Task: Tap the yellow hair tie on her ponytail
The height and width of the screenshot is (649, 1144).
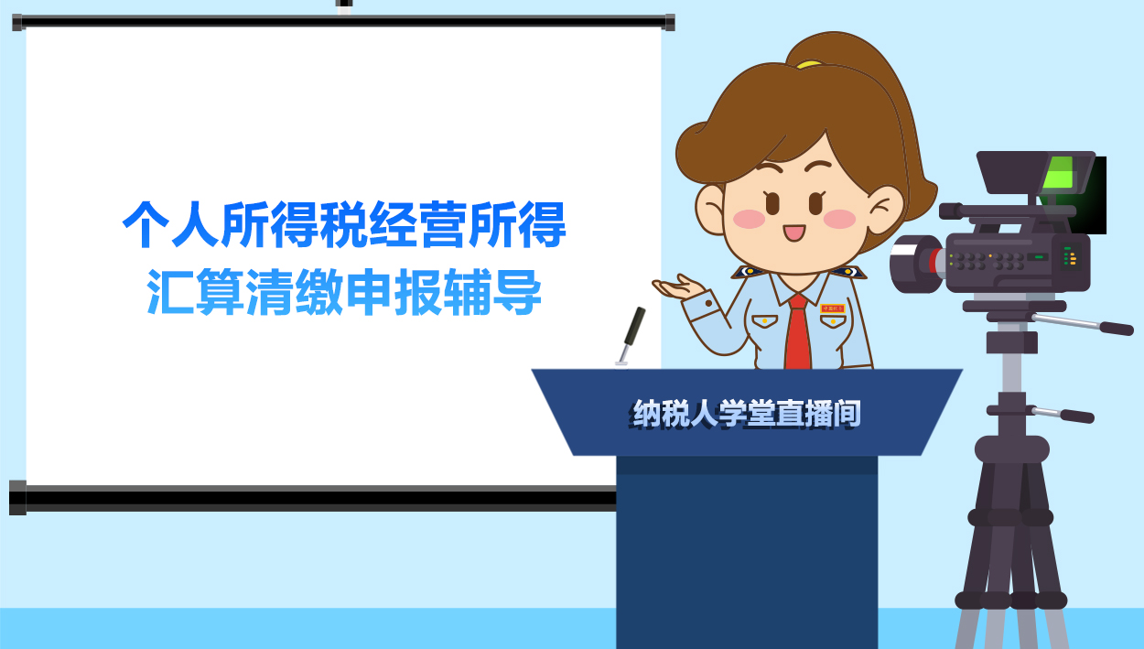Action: pos(809,64)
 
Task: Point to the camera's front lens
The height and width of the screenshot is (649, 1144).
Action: pos(911,263)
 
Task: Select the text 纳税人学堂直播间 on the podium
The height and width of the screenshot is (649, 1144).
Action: pos(747,414)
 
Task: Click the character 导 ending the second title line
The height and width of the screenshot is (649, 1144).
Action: pos(518,293)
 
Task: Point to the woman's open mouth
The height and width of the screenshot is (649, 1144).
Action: pos(793,232)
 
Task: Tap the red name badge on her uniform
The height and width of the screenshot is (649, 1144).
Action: pos(833,309)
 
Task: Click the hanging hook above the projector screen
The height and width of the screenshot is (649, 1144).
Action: pos(344,5)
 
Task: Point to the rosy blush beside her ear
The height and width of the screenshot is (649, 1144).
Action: pos(838,219)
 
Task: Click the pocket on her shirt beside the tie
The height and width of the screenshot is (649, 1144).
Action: pos(764,321)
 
